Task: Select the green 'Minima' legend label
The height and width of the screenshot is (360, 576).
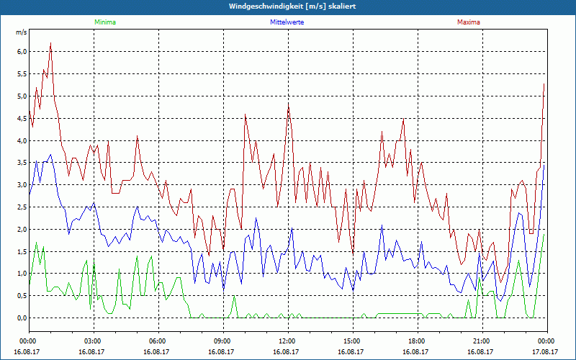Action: tap(104, 22)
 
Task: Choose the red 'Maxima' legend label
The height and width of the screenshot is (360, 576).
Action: tap(468, 22)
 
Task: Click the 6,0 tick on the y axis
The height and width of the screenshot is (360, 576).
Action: tap(21, 52)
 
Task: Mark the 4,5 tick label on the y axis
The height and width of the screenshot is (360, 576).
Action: tap(21, 118)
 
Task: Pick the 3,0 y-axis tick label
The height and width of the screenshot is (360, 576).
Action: tap(21, 185)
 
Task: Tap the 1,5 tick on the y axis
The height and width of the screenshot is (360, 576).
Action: tap(21, 251)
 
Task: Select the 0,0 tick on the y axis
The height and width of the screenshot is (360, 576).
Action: tap(21, 318)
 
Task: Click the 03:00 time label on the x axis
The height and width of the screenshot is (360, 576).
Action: tap(93, 341)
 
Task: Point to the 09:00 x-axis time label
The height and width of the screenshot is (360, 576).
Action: tap(222, 341)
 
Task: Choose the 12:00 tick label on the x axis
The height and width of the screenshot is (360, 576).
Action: tap(287, 341)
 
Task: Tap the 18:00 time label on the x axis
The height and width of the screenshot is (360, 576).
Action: tap(417, 341)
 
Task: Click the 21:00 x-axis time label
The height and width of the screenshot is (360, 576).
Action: tap(482, 341)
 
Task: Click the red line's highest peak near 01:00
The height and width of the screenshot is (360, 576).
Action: tap(50, 43)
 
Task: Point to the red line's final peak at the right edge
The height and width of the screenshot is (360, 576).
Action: tap(544, 84)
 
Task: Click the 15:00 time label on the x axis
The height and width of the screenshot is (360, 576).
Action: tap(352, 341)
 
